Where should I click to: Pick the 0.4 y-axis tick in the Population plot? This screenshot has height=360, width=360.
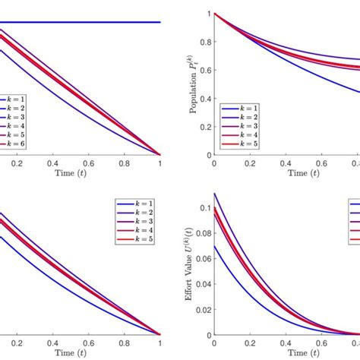(206, 98)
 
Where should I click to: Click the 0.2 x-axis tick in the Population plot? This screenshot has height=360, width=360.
(251, 162)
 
